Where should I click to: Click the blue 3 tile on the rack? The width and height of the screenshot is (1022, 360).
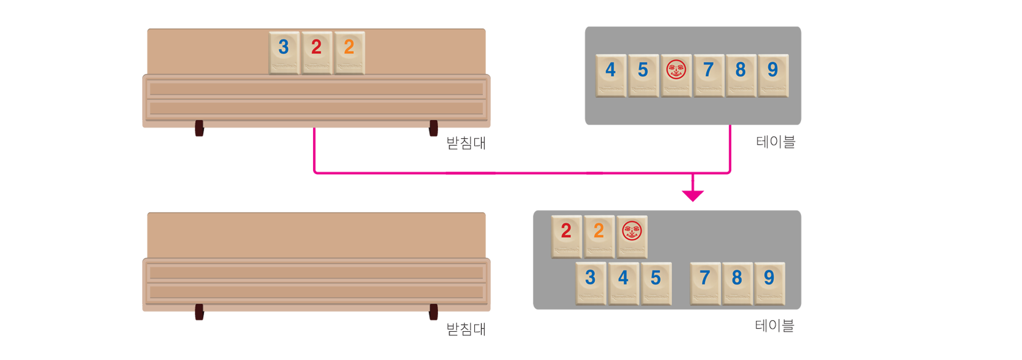pos(284,53)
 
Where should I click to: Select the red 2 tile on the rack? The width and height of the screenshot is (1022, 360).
pos(316,53)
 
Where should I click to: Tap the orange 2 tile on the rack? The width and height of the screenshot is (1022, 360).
pos(349,53)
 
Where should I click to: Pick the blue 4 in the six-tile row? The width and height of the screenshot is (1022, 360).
pos(611,75)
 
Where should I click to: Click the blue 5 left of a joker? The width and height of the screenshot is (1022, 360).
pos(643,75)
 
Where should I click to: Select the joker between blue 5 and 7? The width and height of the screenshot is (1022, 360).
pos(676,75)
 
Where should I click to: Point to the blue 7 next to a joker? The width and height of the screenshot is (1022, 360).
pos(708,75)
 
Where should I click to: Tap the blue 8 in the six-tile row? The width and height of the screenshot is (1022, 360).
pos(740,75)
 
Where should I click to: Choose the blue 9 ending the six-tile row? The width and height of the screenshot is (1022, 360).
pos(773,75)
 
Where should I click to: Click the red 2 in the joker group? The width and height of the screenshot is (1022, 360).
pos(566,236)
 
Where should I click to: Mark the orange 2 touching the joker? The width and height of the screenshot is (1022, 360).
pos(599,236)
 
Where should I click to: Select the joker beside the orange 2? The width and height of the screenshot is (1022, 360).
pos(632,236)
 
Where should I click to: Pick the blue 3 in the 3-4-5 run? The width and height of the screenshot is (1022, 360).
pos(591,283)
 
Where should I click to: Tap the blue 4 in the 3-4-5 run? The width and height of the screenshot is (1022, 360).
pos(623,283)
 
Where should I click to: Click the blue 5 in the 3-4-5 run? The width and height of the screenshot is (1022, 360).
pos(656,283)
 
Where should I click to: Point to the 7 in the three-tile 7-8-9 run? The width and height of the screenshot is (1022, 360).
pos(705,283)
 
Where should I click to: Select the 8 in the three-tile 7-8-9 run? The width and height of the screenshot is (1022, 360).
pos(737,283)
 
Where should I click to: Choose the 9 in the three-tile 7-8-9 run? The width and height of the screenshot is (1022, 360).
pos(769,283)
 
